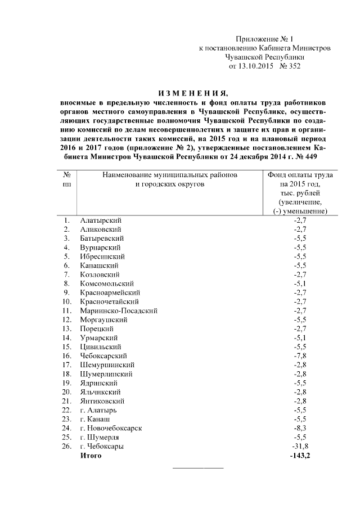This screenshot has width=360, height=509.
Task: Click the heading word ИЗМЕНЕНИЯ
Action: (193, 93)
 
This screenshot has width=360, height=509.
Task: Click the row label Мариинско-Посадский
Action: (119, 310)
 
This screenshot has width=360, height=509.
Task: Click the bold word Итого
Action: (91, 455)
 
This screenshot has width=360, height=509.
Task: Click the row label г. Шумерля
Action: (102, 437)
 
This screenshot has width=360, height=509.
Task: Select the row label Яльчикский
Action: (101, 391)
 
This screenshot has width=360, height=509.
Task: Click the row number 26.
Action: (66, 446)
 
